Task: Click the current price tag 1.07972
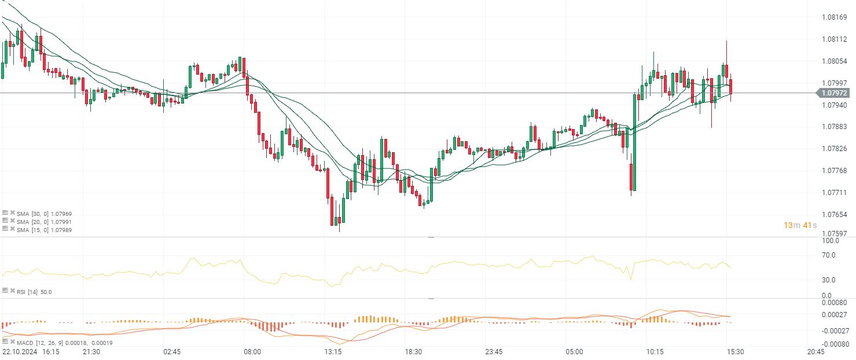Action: [x=835, y=93]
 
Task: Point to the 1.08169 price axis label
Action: [x=835, y=17]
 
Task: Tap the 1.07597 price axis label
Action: [x=835, y=234]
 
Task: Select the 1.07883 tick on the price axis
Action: [x=835, y=127]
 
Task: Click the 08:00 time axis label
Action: [x=252, y=351]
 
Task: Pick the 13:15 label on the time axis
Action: [x=333, y=351]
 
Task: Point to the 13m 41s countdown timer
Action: [x=800, y=225]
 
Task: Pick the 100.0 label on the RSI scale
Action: [x=830, y=240]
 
